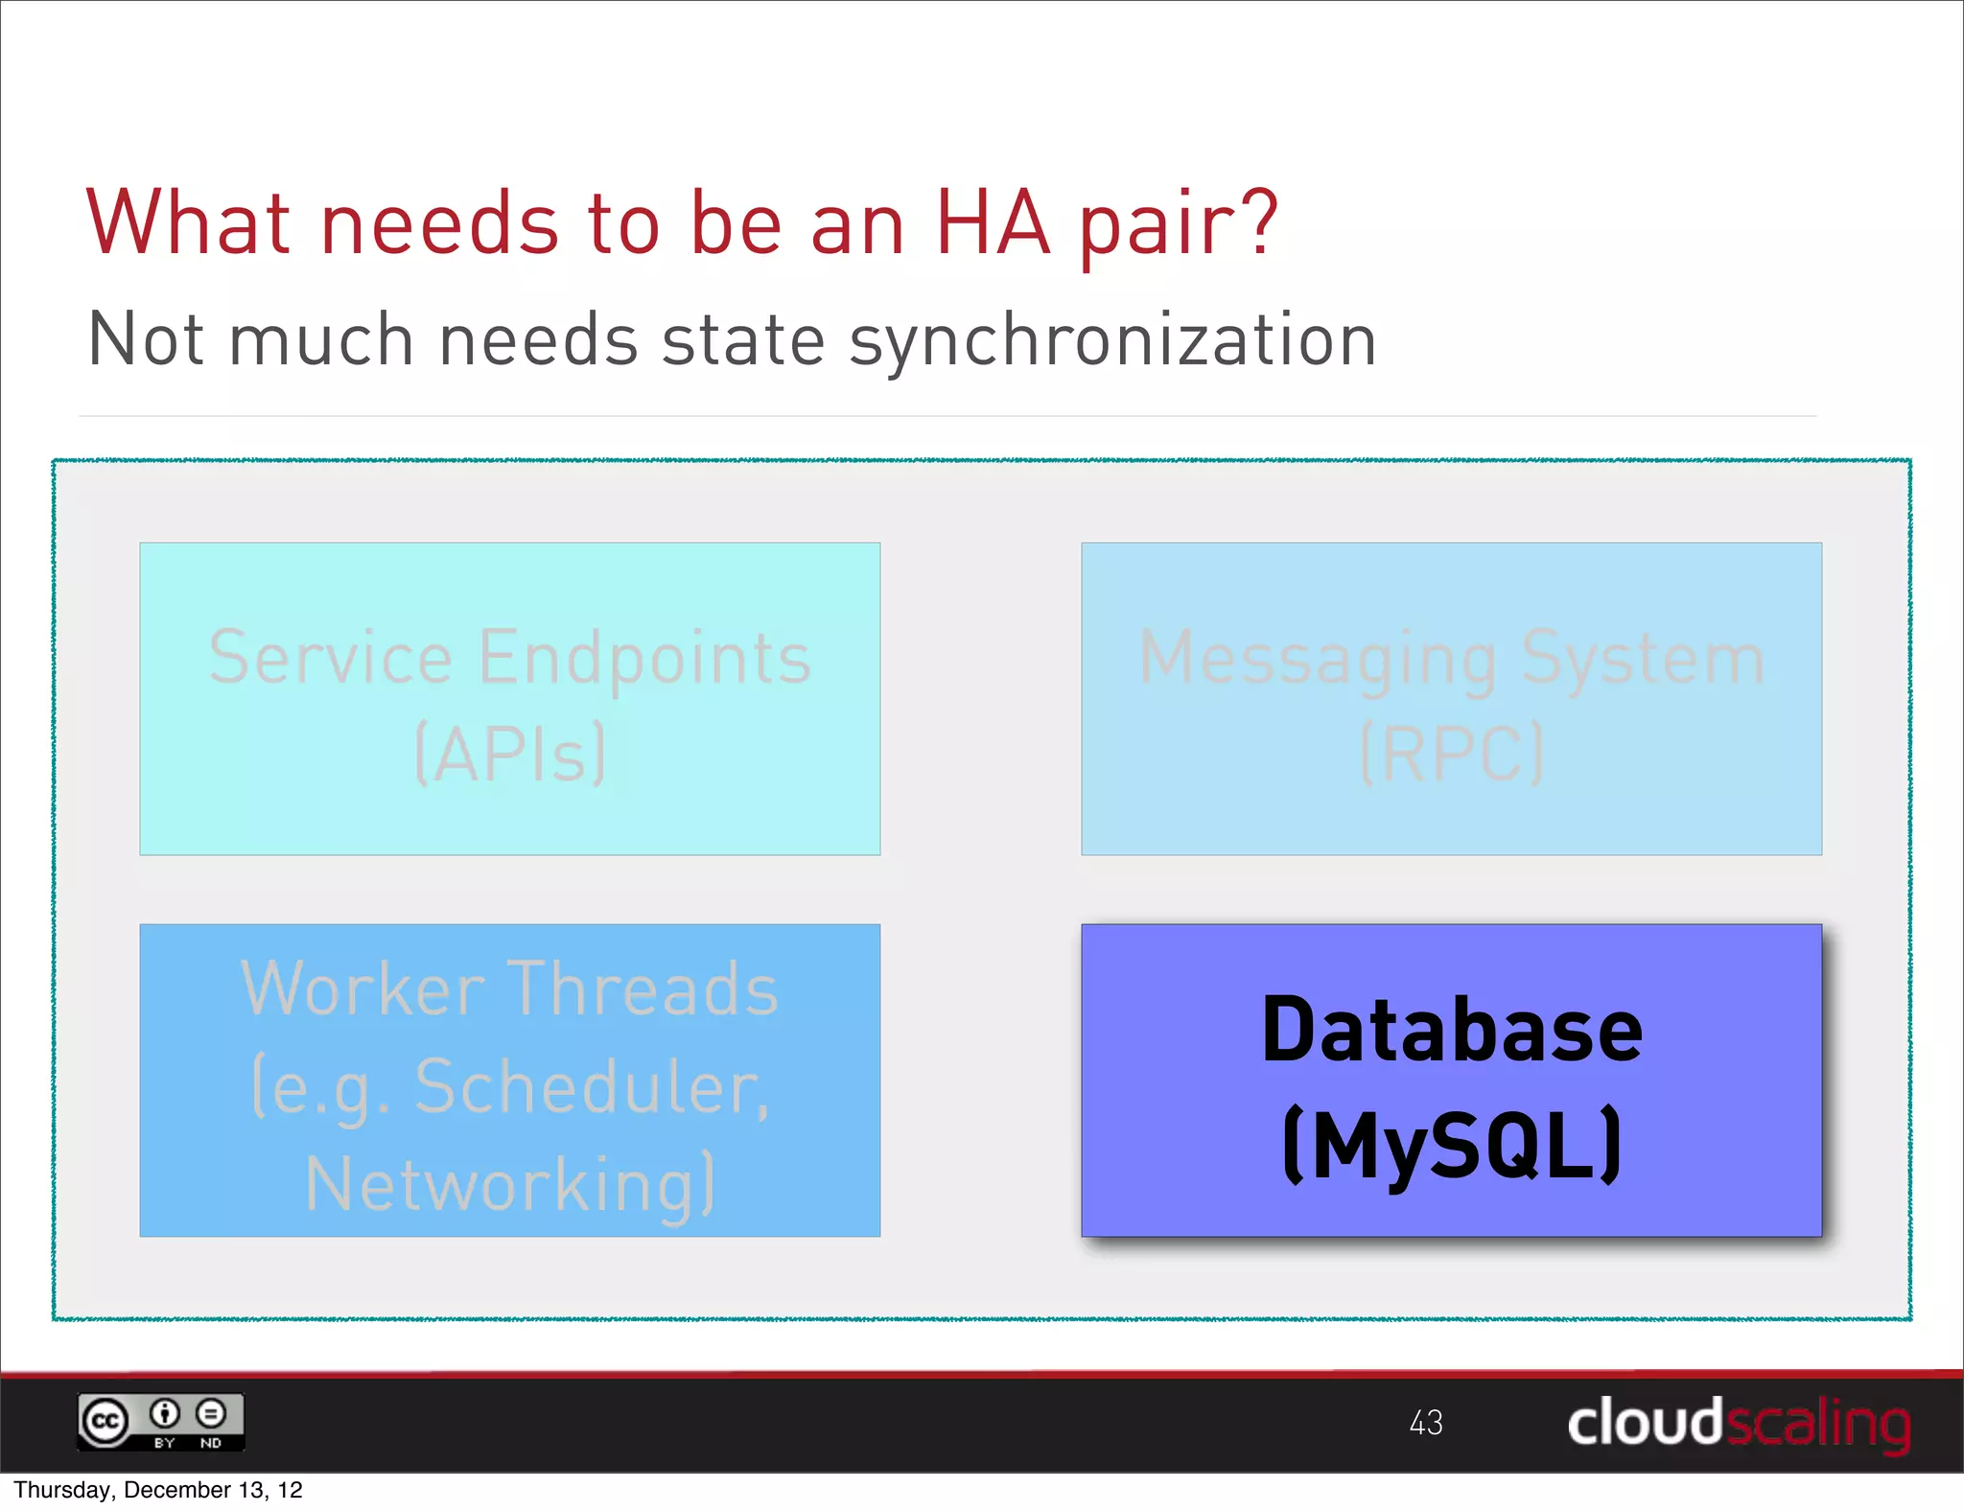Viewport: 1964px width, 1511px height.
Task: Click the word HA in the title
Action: pyautogui.click(x=993, y=223)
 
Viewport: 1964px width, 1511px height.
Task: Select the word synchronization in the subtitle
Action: pyautogui.click(x=1112, y=341)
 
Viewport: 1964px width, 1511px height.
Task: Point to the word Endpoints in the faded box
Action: pyautogui.click(x=644, y=660)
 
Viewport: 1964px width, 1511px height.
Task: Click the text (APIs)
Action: pyautogui.click(x=510, y=755)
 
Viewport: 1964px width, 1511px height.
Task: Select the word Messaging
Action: pyautogui.click(x=1318, y=660)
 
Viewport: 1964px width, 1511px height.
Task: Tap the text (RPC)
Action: pyautogui.click(x=1451, y=755)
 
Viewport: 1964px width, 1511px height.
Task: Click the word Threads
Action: pyautogui.click(x=642, y=988)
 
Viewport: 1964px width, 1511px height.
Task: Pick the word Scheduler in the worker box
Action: pyautogui.click(x=591, y=1088)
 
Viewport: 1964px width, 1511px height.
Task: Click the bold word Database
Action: pyautogui.click(x=1451, y=1031)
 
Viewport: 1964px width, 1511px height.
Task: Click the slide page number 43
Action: pyautogui.click(x=1425, y=1422)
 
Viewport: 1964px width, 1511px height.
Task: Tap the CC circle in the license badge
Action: pyautogui.click(x=105, y=1421)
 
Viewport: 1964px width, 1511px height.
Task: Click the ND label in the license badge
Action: pyautogui.click(x=211, y=1442)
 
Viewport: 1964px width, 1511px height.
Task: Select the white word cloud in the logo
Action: pyautogui.click(x=1645, y=1422)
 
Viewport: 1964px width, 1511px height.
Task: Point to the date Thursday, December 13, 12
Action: pyautogui.click(x=158, y=1490)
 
